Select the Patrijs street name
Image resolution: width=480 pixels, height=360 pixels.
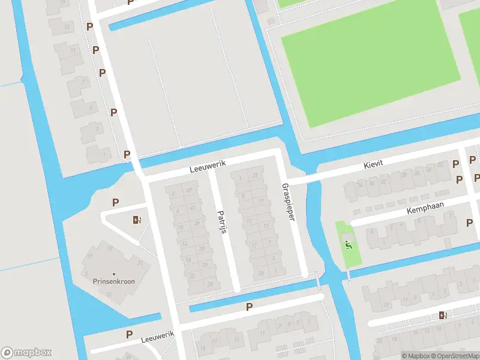[x=221, y=223]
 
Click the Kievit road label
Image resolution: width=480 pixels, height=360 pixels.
[x=373, y=164]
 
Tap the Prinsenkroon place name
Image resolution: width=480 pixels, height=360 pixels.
[x=113, y=281]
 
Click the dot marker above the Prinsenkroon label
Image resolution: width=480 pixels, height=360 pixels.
[x=113, y=274]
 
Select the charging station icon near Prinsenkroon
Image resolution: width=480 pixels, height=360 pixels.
[x=137, y=220]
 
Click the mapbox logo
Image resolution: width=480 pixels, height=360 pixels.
[x=26, y=352]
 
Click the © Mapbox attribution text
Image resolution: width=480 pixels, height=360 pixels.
[x=415, y=356]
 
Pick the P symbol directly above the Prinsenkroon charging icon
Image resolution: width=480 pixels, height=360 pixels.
[x=115, y=203]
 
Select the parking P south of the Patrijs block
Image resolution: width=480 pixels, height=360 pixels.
[x=249, y=307]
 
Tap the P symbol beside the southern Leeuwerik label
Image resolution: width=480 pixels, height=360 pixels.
[x=128, y=334]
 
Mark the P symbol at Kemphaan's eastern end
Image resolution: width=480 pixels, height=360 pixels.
[x=469, y=223]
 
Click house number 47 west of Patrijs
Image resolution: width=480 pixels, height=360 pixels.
[x=189, y=191]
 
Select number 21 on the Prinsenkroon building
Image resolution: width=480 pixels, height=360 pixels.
[x=139, y=262]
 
